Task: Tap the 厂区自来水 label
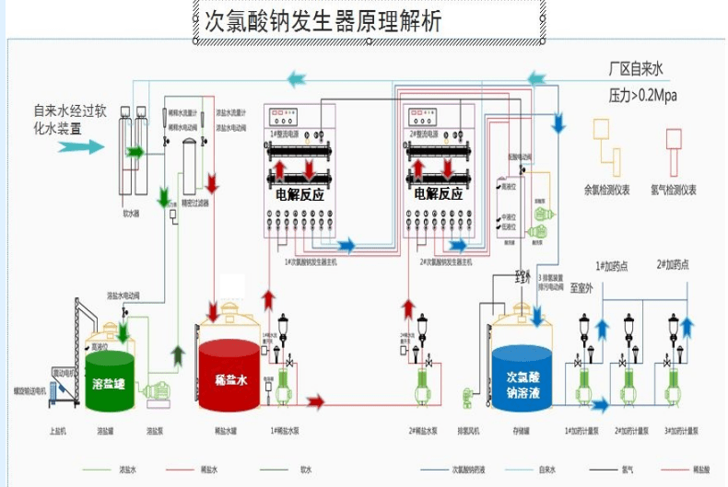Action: coord(636,69)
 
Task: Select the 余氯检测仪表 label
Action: coord(607,191)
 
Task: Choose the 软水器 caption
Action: coord(132,213)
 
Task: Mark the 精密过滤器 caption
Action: coord(196,203)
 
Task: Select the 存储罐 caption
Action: coord(522,430)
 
